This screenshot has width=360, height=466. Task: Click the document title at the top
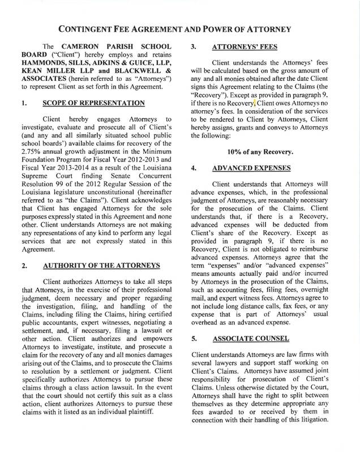[180, 28]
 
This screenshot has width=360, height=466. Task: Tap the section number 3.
[195, 48]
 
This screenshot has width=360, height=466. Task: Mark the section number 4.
[195, 169]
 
